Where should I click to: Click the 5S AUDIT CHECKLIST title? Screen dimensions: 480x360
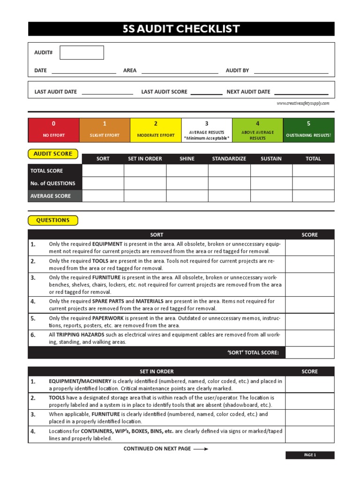point(181,29)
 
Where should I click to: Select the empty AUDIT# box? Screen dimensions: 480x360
point(82,52)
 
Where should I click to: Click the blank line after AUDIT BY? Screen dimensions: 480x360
point(291,71)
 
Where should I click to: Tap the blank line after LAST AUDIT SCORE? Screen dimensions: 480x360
point(206,92)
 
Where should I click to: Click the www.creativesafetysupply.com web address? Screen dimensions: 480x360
point(303,103)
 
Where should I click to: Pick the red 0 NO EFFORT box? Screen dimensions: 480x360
point(53,130)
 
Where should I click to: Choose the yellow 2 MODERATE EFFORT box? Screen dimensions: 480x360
point(155,130)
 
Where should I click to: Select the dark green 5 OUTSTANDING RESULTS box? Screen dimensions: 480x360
point(308,130)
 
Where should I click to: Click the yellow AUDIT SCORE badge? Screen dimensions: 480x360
point(53,154)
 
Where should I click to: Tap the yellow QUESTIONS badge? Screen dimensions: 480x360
point(53,220)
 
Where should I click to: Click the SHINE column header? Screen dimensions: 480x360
point(187,159)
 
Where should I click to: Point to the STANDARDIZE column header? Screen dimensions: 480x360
point(229,159)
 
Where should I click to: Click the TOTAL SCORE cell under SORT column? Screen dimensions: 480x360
point(103,171)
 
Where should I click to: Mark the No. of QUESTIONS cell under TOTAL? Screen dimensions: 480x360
point(313,183)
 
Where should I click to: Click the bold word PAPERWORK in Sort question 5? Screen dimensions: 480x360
point(108,318)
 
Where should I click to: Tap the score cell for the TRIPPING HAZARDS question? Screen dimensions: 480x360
point(309,338)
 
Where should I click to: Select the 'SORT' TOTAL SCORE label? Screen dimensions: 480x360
point(253,352)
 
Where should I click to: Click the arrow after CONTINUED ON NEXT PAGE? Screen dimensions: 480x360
point(201,449)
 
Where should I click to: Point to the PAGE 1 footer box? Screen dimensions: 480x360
point(310,455)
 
